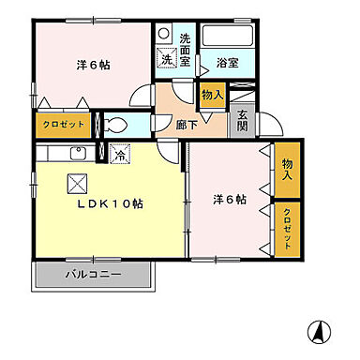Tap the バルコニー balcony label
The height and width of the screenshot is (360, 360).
pyautogui.click(x=92, y=276)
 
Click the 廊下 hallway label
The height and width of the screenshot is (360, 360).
pyautogui.click(x=186, y=121)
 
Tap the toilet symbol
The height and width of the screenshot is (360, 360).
pyautogui.click(x=118, y=125)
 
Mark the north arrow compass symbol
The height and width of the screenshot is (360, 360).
pyautogui.click(x=319, y=332)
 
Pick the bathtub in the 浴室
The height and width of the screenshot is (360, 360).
pyautogui.click(x=227, y=38)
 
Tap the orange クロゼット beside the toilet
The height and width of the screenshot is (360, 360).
pyautogui.click(x=62, y=124)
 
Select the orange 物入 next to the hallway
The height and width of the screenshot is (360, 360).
pyautogui.click(x=211, y=95)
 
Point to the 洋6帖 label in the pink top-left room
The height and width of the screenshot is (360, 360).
pyautogui.click(x=91, y=66)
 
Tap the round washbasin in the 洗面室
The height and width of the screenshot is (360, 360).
pyautogui.click(x=165, y=31)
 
